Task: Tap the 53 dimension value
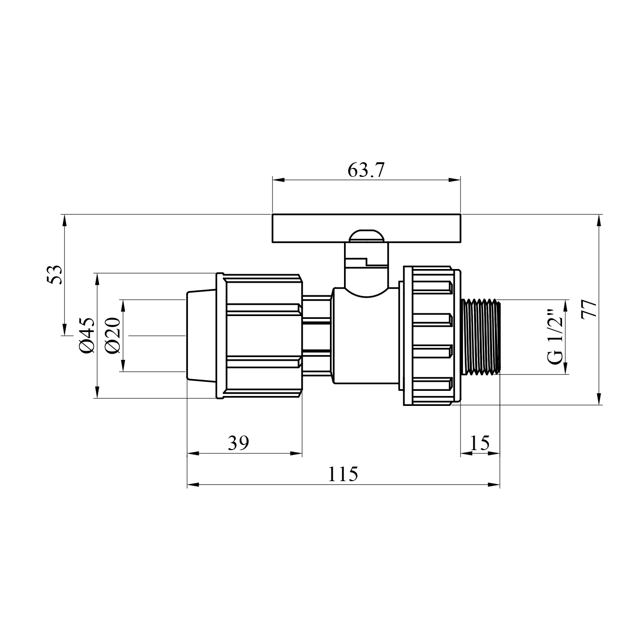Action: tap(54, 274)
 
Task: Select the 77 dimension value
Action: tap(589, 310)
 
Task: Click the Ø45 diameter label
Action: tap(87, 335)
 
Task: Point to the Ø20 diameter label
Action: tap(112, 335)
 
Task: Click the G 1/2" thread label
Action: tap(555, 337)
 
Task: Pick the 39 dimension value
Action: tap(238, 443)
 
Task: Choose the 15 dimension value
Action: tap(480, 443)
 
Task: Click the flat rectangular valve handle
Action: tap(366, 228)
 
